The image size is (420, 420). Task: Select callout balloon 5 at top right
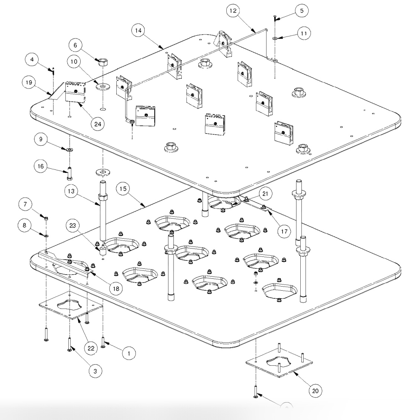pyautogui.click(x=302, y=11)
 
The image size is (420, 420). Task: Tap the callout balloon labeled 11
pyautogui.click(x=304, y=33)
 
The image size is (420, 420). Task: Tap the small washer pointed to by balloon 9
pyautogui.click(x=70, y=150)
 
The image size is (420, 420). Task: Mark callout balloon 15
pyautogui.click(x=124, y=189)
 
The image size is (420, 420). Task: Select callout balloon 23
pyautogui.click(x=73, y=225)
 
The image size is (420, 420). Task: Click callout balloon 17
pyautogui.click(x=284, y=232)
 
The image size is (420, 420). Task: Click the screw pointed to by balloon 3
pyautogui.click(x=70, y=344)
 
